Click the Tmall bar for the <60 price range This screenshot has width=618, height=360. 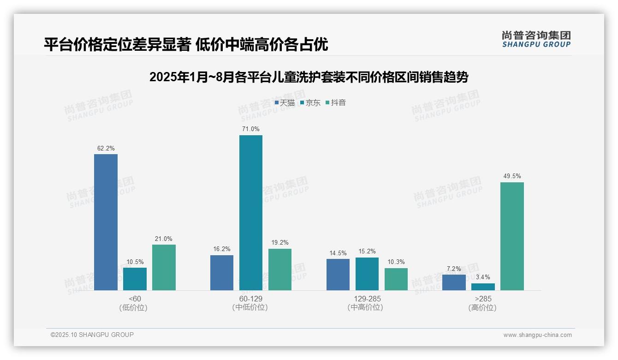(x=106, y=222)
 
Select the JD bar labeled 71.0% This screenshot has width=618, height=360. (x=250, y=213)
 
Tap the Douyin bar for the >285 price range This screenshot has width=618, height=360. (x=512, y=236)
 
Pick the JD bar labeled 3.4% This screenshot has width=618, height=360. (x=483, y=287)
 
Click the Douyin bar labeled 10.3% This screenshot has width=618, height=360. (x=396, y=279)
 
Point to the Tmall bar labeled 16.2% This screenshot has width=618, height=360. (x=222, y=273)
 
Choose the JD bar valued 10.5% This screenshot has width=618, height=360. (x=135, y=279)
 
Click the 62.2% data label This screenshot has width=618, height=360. (x=106, y=148)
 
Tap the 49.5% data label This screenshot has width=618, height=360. (x=512, y=176)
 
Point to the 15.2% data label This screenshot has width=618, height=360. (x=367, y=252)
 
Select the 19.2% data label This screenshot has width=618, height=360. (x=280, y=243)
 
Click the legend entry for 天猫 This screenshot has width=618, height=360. (x=285, y=102)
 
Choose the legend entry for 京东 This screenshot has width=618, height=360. (x=310, y=102)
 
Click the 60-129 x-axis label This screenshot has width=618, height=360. (x=250, y=299)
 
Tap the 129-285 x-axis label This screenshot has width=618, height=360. (x=367, y=299)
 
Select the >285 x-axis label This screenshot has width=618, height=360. (x=482, y=299)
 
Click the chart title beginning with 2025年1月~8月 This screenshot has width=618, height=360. (x=309, y=78)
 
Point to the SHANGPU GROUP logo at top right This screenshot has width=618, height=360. (x=536, y=39)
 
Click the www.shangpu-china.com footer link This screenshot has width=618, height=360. (x=537, y=335)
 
